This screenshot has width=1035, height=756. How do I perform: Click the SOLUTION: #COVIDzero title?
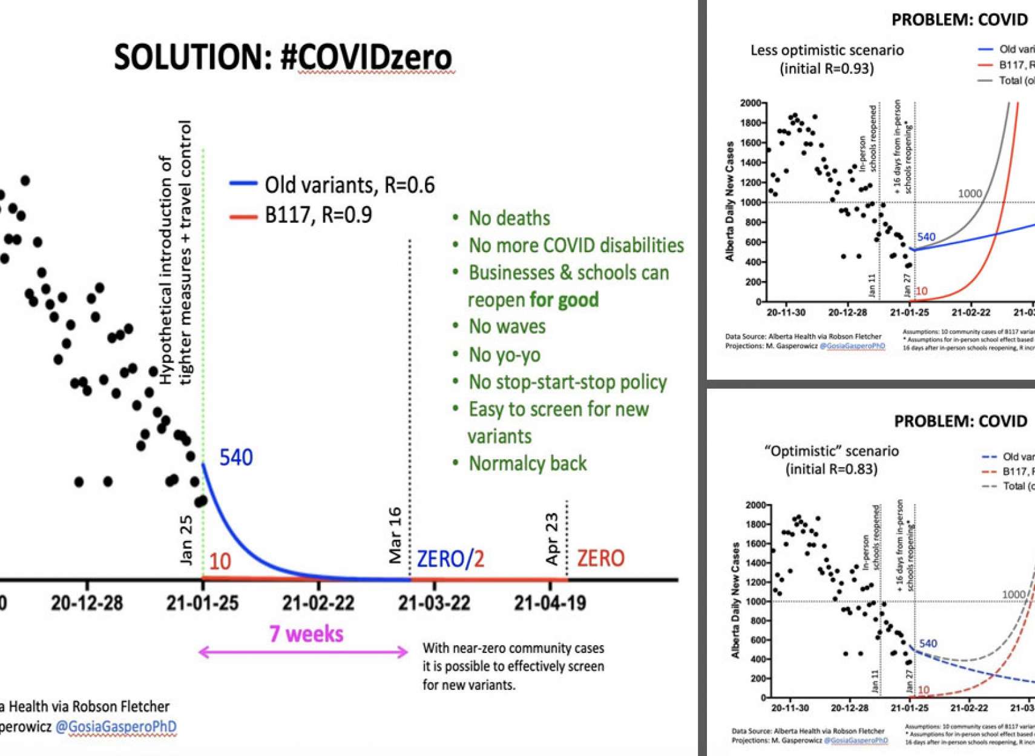click(283, 58)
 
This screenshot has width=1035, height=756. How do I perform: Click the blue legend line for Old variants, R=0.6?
click(243, 184)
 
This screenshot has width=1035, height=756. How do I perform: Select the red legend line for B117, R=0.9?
click(243, 216)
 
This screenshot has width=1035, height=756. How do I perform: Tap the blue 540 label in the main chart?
click(235, 457)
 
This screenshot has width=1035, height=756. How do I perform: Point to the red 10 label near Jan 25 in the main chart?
click(220, 562)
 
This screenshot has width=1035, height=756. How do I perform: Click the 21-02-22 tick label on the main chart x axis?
click(318, 603)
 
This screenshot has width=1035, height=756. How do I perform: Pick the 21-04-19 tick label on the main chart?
click(550, 603)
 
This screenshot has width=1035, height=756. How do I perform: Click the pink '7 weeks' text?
click(306, 634)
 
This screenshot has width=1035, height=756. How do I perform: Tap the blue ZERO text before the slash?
click(440, 559)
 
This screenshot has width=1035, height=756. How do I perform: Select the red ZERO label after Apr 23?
click(600, 558)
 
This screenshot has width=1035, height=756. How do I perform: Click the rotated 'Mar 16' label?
click(395, 535)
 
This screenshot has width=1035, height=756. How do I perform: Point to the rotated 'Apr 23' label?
click(552, 539)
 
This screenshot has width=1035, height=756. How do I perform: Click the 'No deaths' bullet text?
click(509, 218)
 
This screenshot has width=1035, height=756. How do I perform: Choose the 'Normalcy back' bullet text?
click(527, 463)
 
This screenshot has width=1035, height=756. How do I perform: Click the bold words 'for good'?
click(564, 299)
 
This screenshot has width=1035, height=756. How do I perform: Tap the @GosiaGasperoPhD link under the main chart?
click(116, 726)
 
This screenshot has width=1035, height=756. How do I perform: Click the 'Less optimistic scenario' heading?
click(827, 50)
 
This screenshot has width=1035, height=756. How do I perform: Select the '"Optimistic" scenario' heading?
click(831, 451)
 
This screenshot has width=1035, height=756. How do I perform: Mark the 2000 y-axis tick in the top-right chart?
click(750, 103)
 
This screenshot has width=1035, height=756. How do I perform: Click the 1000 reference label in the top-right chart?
click(970, 193)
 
